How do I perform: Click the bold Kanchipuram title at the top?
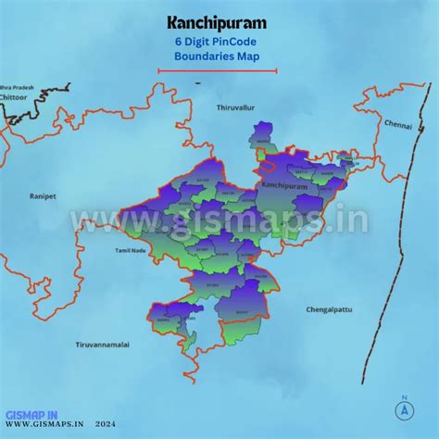[219, 21]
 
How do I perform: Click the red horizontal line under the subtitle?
[218, 69]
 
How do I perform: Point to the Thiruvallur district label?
[235, 108]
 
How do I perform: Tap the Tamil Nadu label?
[131, 251]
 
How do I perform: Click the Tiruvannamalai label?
[103, 344]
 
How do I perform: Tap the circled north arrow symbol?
[404, 410]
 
